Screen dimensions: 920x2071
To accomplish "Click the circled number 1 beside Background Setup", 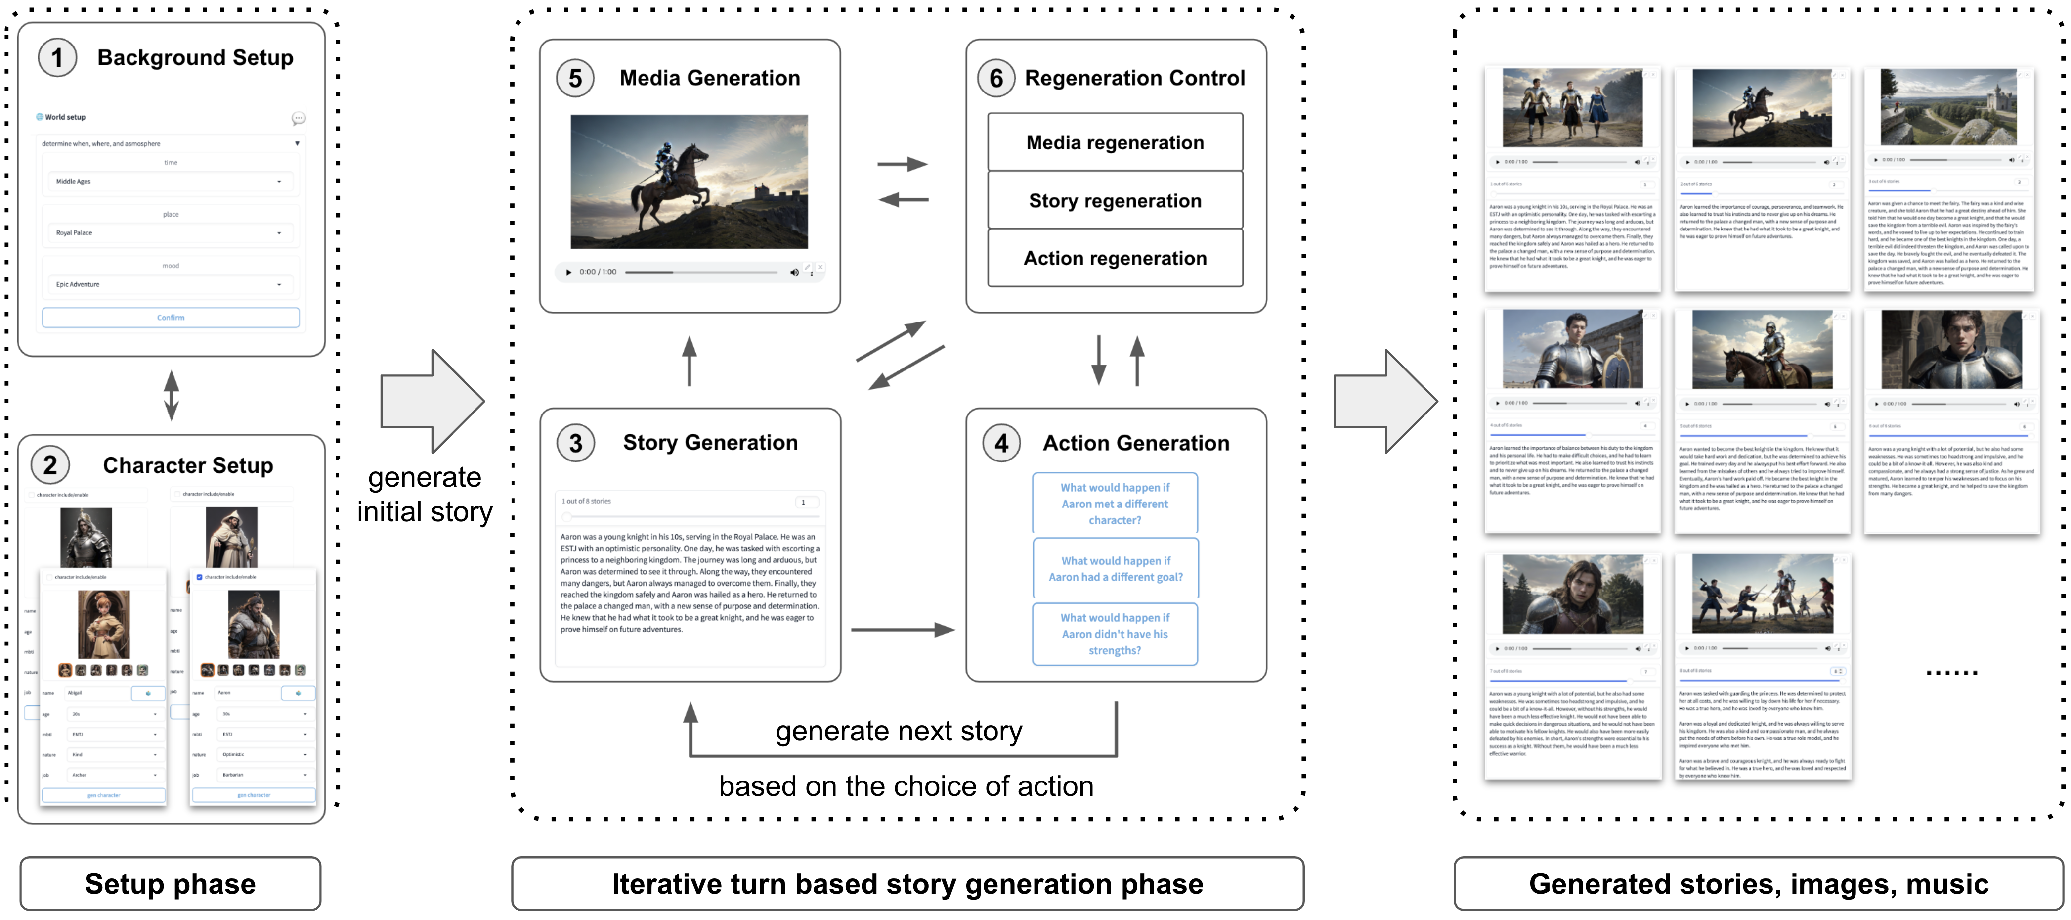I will (x=57, y=58).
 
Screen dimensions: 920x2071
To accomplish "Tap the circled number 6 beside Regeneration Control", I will (x=996, y=79).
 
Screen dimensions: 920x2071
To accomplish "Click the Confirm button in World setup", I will (x=171, y=318).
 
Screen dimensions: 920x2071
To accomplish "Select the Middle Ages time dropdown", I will (x=170, y=182).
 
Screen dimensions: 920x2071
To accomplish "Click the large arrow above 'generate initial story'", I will (x=431, y=401).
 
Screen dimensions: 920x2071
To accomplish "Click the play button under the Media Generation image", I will (x=568, y=272).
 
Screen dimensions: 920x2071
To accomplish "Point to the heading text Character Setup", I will (x=188, y=465).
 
